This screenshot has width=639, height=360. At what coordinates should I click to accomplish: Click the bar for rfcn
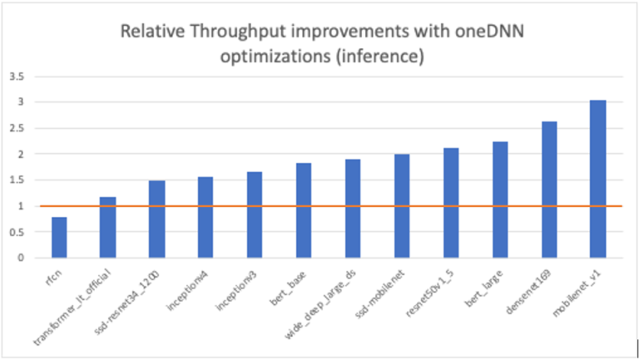coord(59,237)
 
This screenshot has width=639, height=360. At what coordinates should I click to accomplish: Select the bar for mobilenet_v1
coord(597,179)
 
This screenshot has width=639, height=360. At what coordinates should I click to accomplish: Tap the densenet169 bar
coord(549,190)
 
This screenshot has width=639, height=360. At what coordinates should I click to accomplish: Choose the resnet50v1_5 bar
coord(451,203)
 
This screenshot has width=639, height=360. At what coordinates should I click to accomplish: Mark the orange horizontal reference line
coord(333,205)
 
